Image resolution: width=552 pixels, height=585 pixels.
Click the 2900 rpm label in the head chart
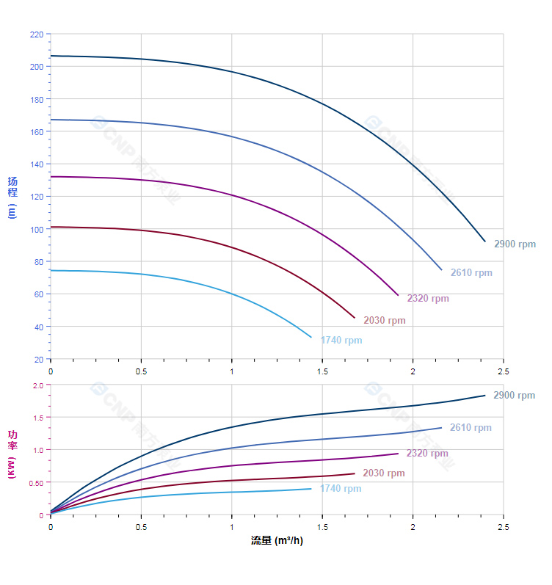(x=515, y=244)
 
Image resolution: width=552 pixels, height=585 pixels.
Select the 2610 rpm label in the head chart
(x=471, y=273)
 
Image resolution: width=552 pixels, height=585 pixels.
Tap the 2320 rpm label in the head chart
(x=428, y=299)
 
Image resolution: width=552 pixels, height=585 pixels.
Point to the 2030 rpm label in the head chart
(x=384, y=321)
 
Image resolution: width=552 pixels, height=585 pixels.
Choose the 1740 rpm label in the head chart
(x=341, y=341)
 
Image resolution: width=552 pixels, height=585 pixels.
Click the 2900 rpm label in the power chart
(x=514, y=396)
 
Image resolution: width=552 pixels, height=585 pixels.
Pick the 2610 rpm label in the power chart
(x=471, y=428)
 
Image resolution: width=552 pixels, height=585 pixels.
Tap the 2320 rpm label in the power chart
(x=427, y=454)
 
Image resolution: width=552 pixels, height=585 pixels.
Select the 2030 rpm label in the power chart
(x=383, y=473)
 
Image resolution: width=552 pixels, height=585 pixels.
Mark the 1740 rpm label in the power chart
(x=341, y=489)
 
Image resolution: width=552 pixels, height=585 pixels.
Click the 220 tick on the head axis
(x=36, y=34)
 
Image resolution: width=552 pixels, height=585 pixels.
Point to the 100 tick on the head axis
(x=36, y=230)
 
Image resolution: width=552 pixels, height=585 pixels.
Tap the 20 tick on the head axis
(x=38, y=360)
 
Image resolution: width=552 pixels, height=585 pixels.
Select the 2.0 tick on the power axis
(x=38, y=385)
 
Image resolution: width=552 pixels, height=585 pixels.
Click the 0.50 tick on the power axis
(x=36, y=483)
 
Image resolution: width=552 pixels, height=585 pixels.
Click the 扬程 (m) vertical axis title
(x=12, y=197)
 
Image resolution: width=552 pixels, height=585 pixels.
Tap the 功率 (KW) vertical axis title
(x=12, y=454)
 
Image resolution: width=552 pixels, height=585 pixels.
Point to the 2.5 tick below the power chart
(x=503, y=527)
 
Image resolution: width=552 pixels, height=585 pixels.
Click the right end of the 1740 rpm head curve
(x=311, y=337)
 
